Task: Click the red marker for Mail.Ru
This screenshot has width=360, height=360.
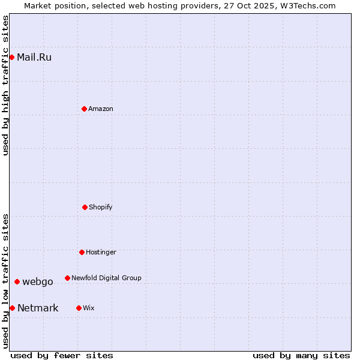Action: pyautogui.click(x=12, y=57)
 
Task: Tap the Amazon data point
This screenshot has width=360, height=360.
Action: pyautogui.click(x=84, y=109)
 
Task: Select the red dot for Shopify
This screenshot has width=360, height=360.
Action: pyautogui.click(x=85, y=207)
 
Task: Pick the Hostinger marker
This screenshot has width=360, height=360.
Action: pyautogui.click(x=82, y=252)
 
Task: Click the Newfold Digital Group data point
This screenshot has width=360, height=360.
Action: pyautogui.click(x=67, y=278)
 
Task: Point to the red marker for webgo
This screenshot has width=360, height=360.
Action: pyautogui.click(x=17, y=281)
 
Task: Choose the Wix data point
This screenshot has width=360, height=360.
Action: pyautogui.click(x=79, y=308)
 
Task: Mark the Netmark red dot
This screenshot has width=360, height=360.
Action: pyautogui.click(x=12, y=308)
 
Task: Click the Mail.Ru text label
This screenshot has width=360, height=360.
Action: pyautogui.click(x=34, y=58)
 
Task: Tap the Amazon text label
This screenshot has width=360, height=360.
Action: pyautogui.click(x=101, y=109)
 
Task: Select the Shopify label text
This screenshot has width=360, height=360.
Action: pyautogui.click(x=101, y=207)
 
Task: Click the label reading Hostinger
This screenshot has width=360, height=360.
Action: pyautogui.click(x=101, y=252)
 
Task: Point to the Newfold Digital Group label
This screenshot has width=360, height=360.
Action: pyautogui.click(x=106, y=278)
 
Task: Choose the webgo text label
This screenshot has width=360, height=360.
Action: pyautogui.click(x=38, y=282)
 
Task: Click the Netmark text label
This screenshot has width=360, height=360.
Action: pyautogui.click(x=38, y=308)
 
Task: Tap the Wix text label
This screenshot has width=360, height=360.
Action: pyautogui.click(x=89, y=308)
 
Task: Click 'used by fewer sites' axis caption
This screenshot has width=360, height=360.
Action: pyautogui.click(x=62, y=355)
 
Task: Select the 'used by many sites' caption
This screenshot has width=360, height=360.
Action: pyautogui.click(x=301, y=355)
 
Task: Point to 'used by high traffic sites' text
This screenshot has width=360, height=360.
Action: pyautogui.click(x=5, y=85)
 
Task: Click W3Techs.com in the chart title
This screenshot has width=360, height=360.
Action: pyautogui.click(x=309, y=5)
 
